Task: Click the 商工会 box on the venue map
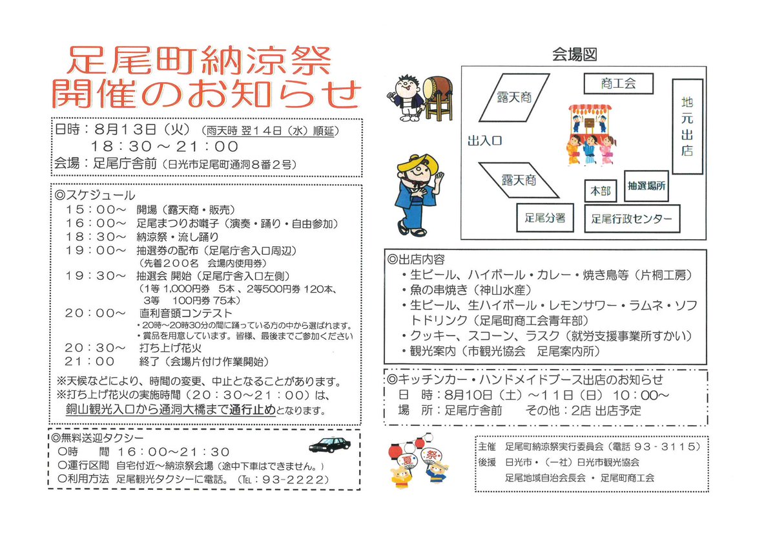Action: tap(618, 83)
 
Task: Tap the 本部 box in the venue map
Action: tap(601, 191)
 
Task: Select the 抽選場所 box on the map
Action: tap(646, 186)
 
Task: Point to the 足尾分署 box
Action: tap(545, 218)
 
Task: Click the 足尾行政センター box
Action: tap(632, 219)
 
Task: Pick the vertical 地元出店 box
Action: tap(687, 127)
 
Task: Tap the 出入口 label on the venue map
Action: tap(484, 141)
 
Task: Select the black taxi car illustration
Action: tap(329, 445)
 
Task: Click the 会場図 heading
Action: tap(574, 55)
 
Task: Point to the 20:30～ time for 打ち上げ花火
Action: tap(95, 348)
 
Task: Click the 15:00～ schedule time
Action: tap(96, 209)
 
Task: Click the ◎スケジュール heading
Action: tap(94, 196)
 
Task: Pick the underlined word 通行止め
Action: tap(252, 410)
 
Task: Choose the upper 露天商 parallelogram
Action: tap(514, 98)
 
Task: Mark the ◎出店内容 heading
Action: tap(416, 259)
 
